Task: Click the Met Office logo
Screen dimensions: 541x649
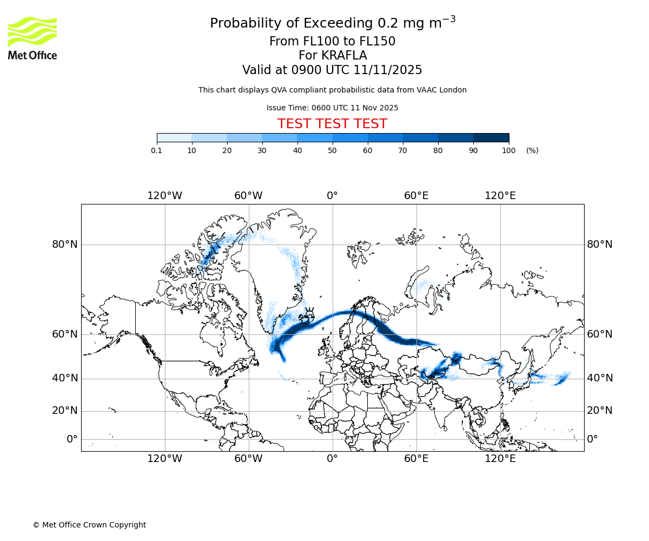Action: tap(32, 38)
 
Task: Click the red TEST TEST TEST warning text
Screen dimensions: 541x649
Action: tap(332, 124)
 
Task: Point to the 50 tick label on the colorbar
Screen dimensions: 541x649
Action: tap(333, 150)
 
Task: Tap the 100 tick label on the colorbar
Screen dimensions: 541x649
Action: tap(508, 150)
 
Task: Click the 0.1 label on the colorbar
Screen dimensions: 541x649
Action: tap(157, 150)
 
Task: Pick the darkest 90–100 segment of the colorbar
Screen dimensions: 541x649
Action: tap(491, 138)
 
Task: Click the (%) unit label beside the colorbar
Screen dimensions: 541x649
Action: tap(532, 150)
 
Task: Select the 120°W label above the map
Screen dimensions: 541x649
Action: tap(164, 196)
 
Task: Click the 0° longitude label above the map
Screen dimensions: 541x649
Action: tap(332, 196)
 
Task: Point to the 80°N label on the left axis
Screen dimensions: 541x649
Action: tap(65, 245)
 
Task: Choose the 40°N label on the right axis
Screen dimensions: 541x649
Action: tap(600, 378)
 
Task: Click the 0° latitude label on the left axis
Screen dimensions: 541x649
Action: tap(72, 439)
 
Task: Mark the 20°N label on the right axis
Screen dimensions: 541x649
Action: tap(600, 411)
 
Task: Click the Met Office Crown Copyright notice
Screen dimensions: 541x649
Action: tap(89, 525)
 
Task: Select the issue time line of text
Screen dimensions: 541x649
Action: tap(332, 108)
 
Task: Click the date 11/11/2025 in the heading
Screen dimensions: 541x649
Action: tap(388, 70)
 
